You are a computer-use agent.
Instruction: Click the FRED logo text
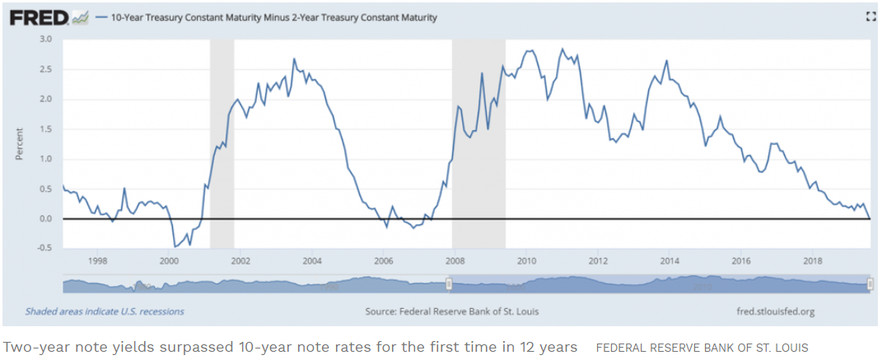[39, 16]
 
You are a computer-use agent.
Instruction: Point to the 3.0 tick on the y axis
[46, 39]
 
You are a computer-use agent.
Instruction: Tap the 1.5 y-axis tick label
[46, 129]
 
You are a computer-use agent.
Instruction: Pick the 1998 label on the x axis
[97, 261]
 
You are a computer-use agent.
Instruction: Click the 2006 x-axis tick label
[384, 261]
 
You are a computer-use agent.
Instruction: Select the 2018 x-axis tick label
[814, 261]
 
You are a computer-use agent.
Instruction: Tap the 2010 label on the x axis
[527, 261]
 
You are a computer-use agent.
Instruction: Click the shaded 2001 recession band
[222, 140]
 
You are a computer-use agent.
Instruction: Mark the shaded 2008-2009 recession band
[478, 140]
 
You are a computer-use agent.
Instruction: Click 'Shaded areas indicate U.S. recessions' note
[105, 312]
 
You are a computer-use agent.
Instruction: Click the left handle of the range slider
[449, 284]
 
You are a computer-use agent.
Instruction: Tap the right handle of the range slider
[871, 284]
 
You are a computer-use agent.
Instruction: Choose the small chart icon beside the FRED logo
[81, 16]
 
